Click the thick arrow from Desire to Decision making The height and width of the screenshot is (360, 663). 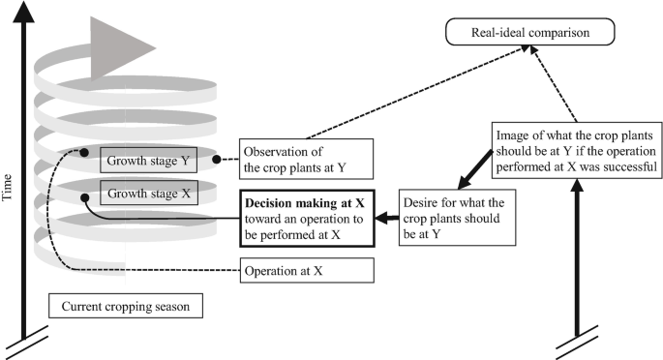tap(388, 219)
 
